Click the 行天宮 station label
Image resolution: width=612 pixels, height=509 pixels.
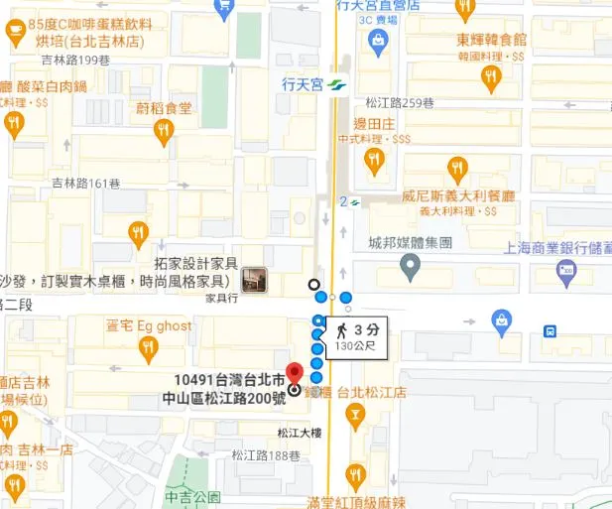(304, 85)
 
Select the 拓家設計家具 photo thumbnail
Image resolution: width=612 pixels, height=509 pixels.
(255, 280)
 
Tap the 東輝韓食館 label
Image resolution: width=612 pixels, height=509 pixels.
(492, 41)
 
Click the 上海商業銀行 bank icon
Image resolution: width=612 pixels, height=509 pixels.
(566, 269)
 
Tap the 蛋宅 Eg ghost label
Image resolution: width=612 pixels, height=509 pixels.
(149, 324)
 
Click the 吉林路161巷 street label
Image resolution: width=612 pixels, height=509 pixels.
(85, 184)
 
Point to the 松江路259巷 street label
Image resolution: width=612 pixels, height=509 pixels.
(400, 101)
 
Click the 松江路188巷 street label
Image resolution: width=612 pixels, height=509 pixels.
(266, 455)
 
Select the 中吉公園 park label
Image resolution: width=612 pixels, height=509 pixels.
(192, 497)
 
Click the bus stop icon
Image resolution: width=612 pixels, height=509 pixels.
(550, 330)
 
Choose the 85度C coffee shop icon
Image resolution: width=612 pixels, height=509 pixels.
(15, 33)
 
